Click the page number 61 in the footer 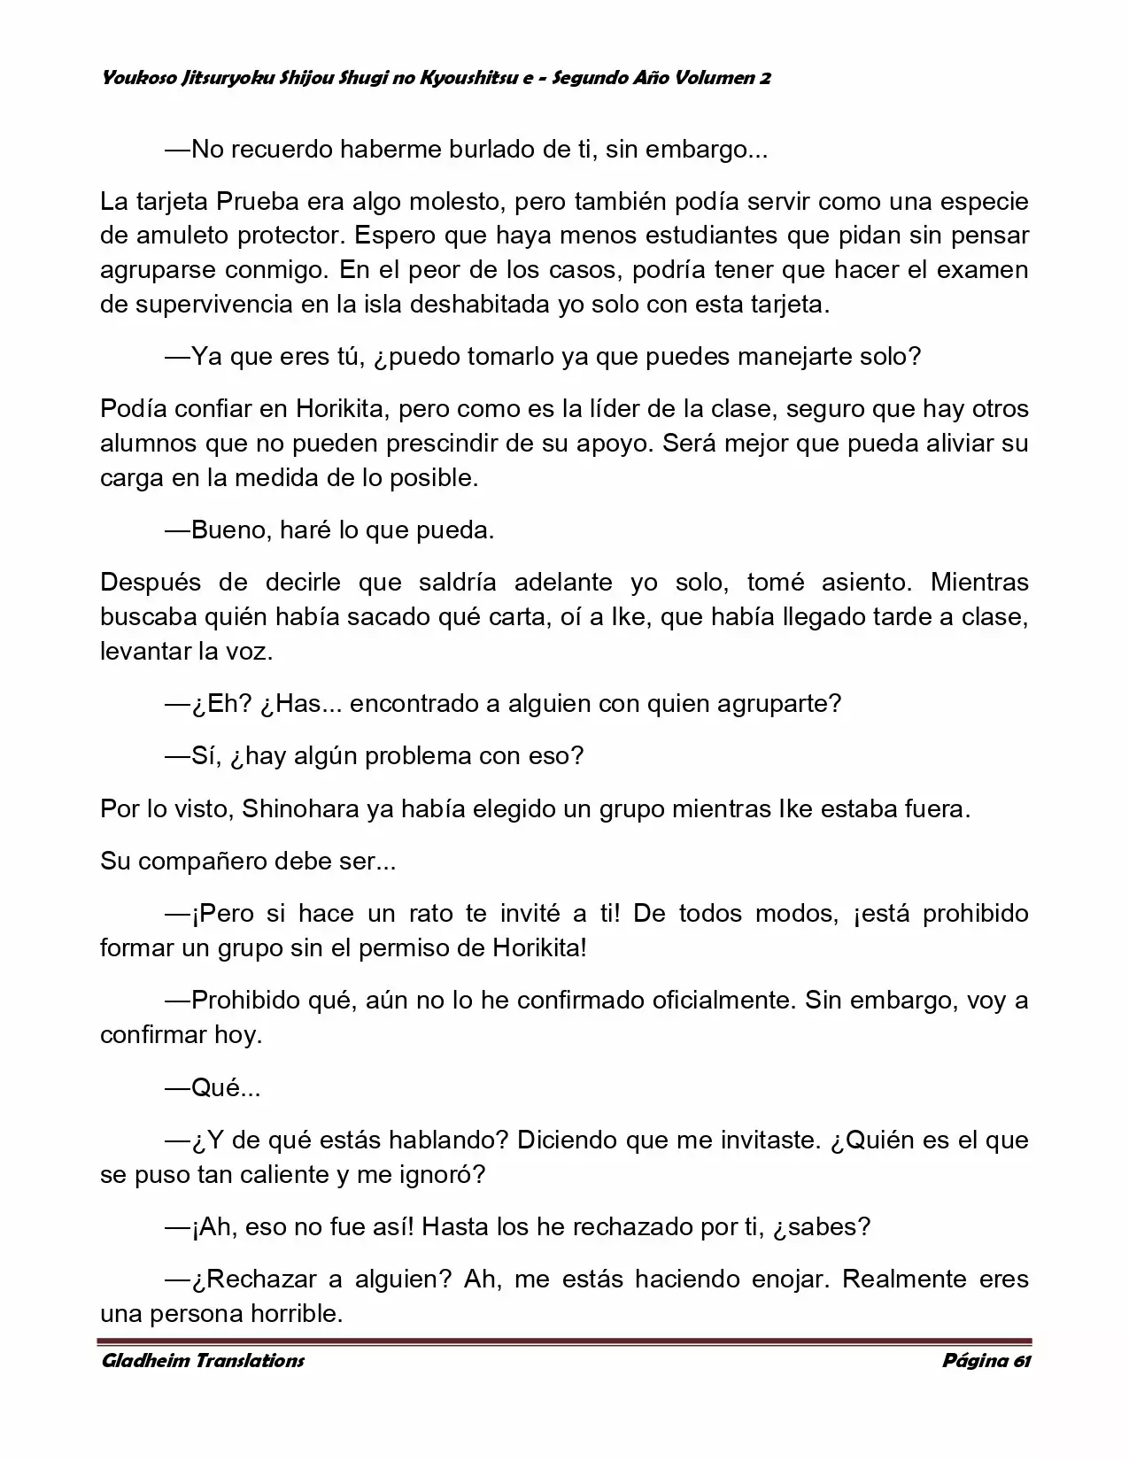tap(1021, 1361)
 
